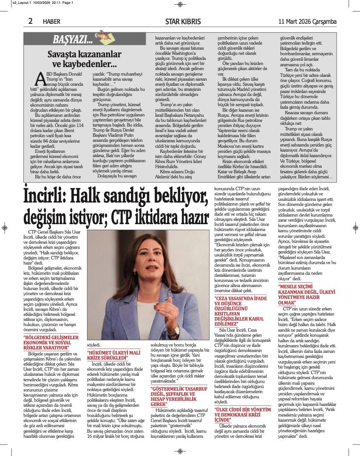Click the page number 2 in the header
pyautogui.click(x=30, y=21)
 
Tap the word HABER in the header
pyautogui.click(x=51, y=22)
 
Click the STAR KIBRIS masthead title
pyautogui.click(x=183, y=21)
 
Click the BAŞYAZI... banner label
pyautogui.click(x=72, y=40)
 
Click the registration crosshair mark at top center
pyautogui.click(x=180, y=4)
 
